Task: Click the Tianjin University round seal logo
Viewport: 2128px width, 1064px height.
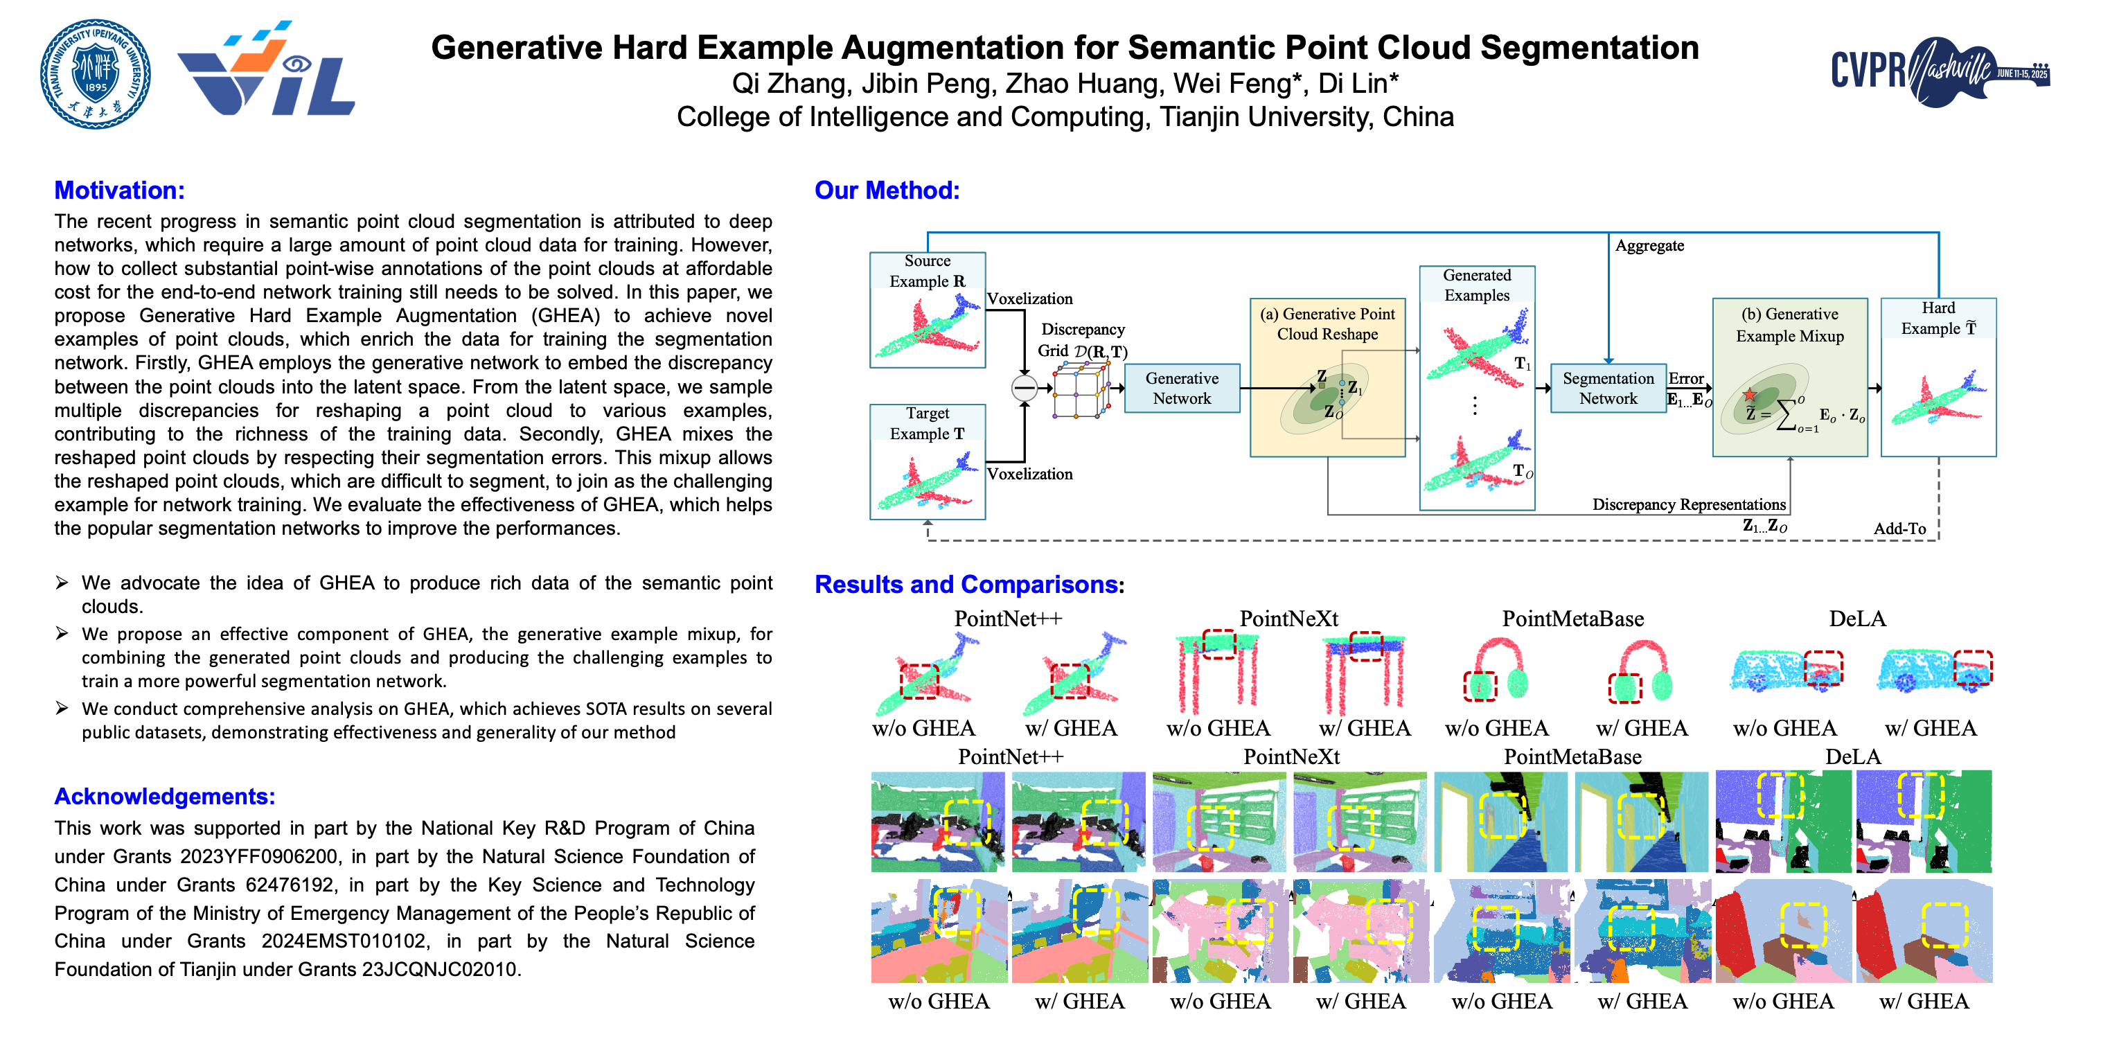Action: [96, 74]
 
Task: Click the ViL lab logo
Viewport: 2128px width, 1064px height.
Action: [266, 70]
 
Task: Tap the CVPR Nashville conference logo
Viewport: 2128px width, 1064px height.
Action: [1939, 71]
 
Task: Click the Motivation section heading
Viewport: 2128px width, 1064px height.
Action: [119, 190]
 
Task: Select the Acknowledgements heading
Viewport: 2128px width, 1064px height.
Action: [164, 797]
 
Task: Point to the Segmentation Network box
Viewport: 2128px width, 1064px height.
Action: [1608, 388]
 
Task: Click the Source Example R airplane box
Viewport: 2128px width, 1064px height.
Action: [927, 310]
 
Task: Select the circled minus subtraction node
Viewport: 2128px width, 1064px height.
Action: [1025, 387]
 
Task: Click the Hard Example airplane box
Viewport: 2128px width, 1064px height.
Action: [1938, 378]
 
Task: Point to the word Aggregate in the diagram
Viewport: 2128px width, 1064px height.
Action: [1649, 245]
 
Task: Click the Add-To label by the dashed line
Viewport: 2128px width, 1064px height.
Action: [1899, 529]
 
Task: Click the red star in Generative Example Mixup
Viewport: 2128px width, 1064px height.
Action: [1749, 395]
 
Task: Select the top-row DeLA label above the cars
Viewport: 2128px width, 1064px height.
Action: [1857, 619]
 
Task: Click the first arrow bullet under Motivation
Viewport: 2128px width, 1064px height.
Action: [62, 583]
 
